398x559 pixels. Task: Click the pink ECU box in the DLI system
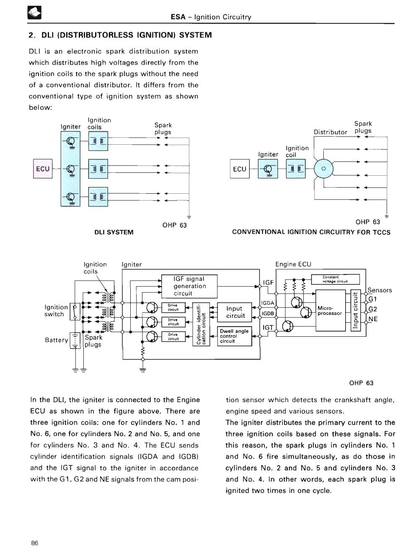pos(43,169)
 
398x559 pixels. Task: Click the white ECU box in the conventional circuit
pos(240,169)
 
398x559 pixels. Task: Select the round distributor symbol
pos(323,169)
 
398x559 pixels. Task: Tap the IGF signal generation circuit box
pos(189,286)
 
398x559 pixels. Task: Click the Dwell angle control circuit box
pos(235,336)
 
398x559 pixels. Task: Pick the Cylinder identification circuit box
pos(201,324)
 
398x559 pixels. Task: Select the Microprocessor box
pos(331,310)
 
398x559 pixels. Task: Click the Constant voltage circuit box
pos(336,279)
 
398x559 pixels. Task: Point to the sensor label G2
pos(372,309)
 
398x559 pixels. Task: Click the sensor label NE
pos(373,319)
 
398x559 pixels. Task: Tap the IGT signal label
pos(268,328)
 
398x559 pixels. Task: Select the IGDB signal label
pos(268,313)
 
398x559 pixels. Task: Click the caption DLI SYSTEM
pos(114,232)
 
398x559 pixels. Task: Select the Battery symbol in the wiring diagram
pos(75,341)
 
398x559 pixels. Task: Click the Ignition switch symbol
pos(75,312)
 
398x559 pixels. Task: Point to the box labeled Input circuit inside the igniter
pos(235,312)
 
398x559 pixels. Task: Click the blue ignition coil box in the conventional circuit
pos(296,169)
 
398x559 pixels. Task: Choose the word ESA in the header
pos(178,17)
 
